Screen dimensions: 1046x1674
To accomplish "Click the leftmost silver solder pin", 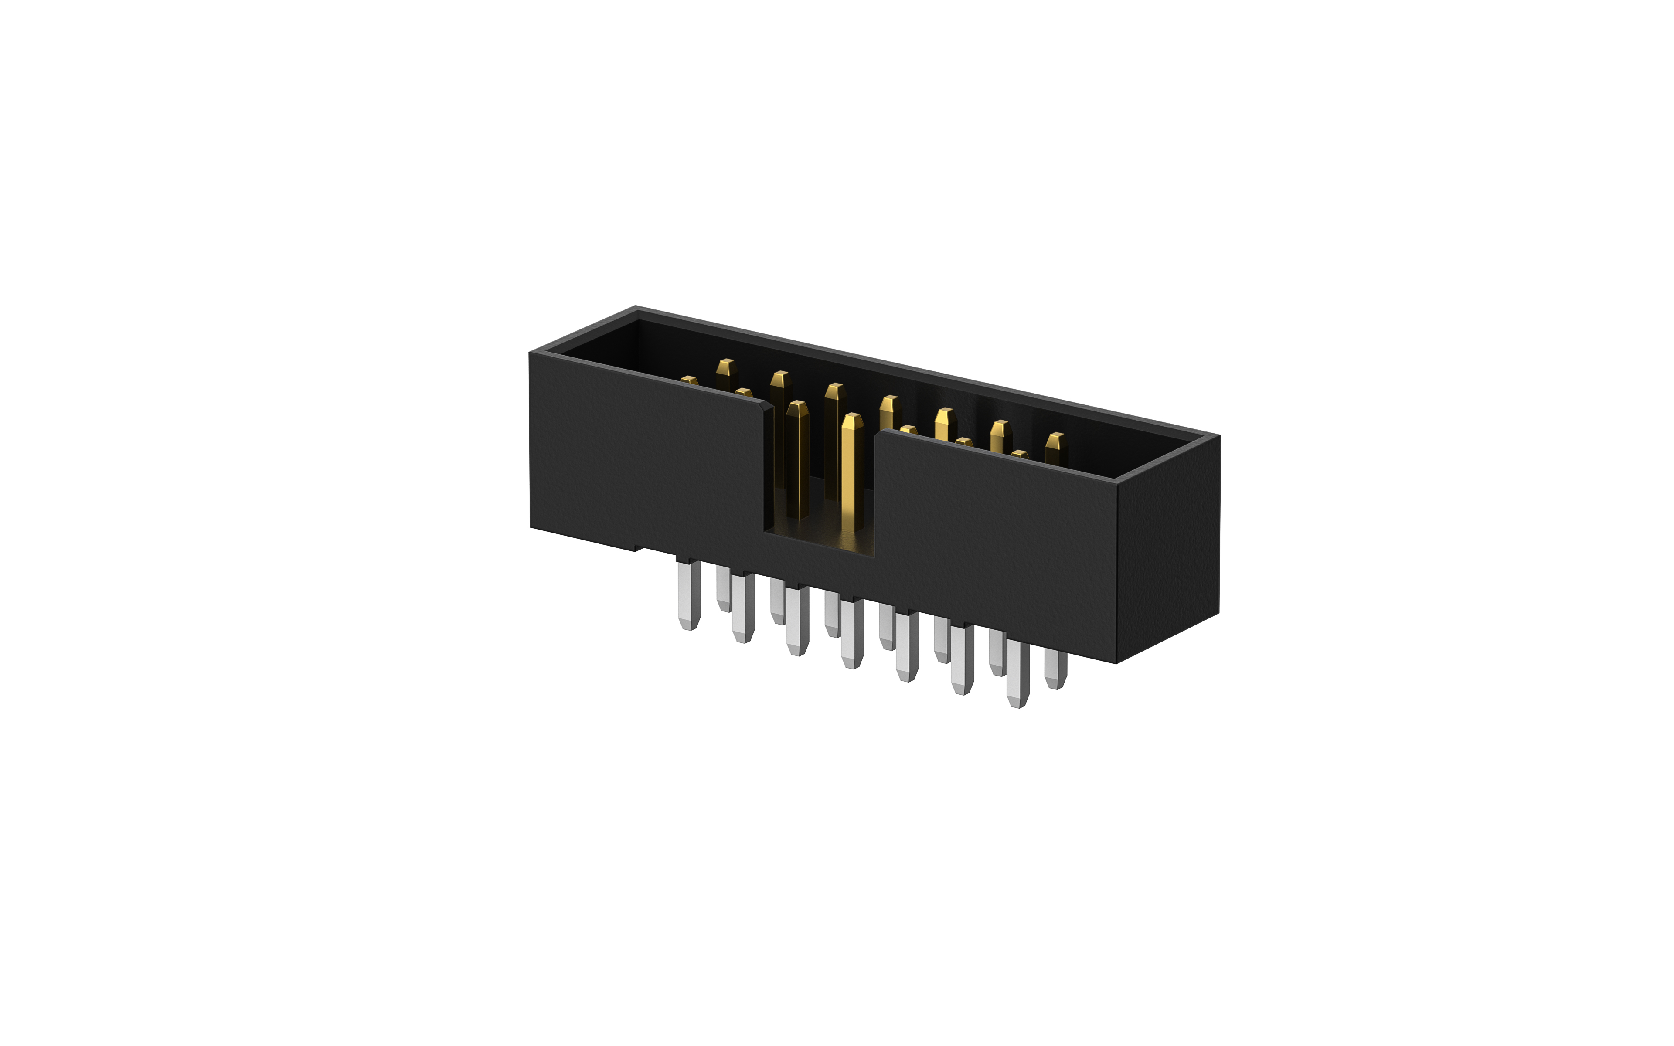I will pyautogui.click(x=689, y=595).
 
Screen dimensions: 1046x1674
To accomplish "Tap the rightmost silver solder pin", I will pyautogui.click(x=1055, y=668).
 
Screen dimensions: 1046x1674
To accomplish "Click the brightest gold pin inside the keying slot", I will pyautogui.click(x=852, y=470).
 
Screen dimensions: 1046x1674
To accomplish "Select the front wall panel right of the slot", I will pyautogui.click(x=996, y=540).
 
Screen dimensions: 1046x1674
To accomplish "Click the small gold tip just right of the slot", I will pyautogui.click(x=908, y=430).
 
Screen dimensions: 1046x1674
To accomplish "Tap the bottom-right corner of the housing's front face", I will pyautogui.click(x=1116, y=662).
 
